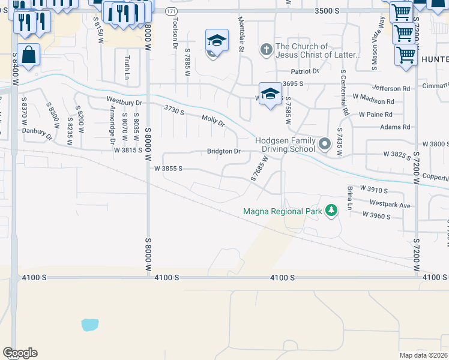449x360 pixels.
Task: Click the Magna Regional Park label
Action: coord(282,211)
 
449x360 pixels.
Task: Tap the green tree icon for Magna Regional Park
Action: coord(330,210)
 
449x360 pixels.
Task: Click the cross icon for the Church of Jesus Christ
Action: coord(267,50)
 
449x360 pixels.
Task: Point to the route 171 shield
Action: coord(172,11)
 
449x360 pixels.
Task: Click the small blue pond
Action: coord(89,325)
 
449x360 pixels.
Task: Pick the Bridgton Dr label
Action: coord(223,151)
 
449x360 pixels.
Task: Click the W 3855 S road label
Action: coord(168,169)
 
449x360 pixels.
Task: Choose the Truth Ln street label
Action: coord(127,67)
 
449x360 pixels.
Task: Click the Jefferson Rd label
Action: coord(391,88)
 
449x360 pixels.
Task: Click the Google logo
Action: coord(20,353)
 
